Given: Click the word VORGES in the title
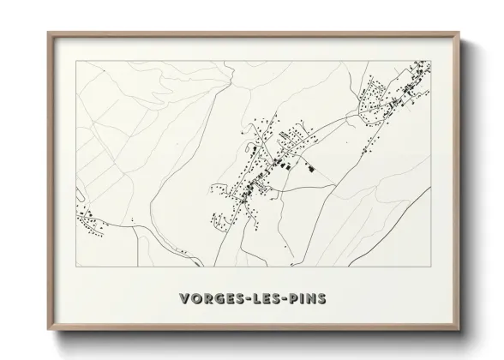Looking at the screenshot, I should tap(213, 298).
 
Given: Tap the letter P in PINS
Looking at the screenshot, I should tap(296, 298).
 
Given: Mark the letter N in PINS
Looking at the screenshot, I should tap(315, 298).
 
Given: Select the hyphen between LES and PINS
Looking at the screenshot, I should tap(287, 299).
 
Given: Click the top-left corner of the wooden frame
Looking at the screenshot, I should tap(48, 33).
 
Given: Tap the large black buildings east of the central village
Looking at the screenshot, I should tap(306, 165).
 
